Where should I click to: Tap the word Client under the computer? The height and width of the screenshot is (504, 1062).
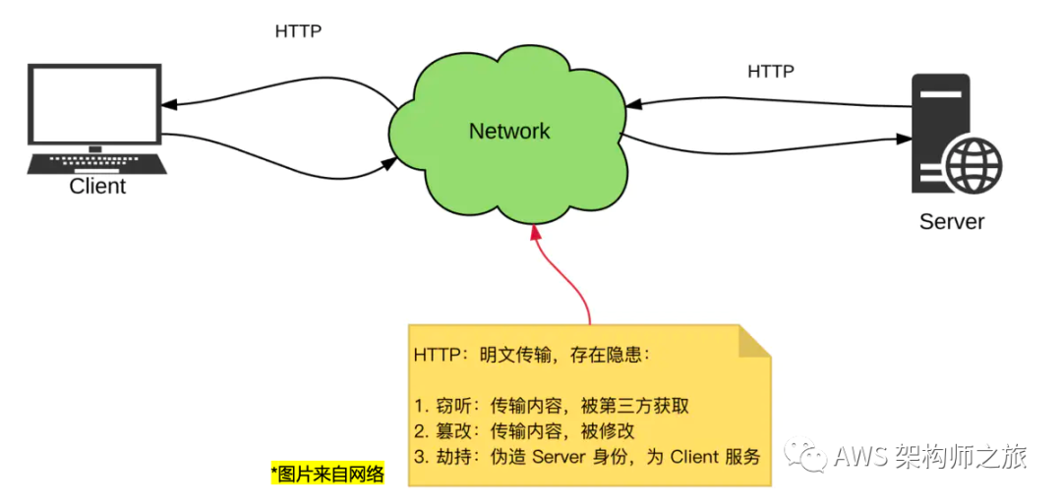pos(97,186)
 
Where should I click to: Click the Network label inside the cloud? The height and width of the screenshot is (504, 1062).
pos(509,131)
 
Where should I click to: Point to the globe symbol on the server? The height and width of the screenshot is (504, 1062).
pos(974,163)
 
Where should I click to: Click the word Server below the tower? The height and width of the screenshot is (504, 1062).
pos(951,221)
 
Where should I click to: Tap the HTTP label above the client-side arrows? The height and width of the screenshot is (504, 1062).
pos(298,31)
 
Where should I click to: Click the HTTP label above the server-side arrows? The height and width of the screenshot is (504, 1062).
pos(771,72)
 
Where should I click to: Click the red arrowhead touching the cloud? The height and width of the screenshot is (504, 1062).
pos(535,232)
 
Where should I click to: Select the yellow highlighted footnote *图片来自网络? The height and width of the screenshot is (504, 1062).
pos(326,475)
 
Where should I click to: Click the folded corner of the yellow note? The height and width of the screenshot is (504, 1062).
pos(754,341)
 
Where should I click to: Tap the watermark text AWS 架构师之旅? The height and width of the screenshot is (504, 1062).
pos(929,457)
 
